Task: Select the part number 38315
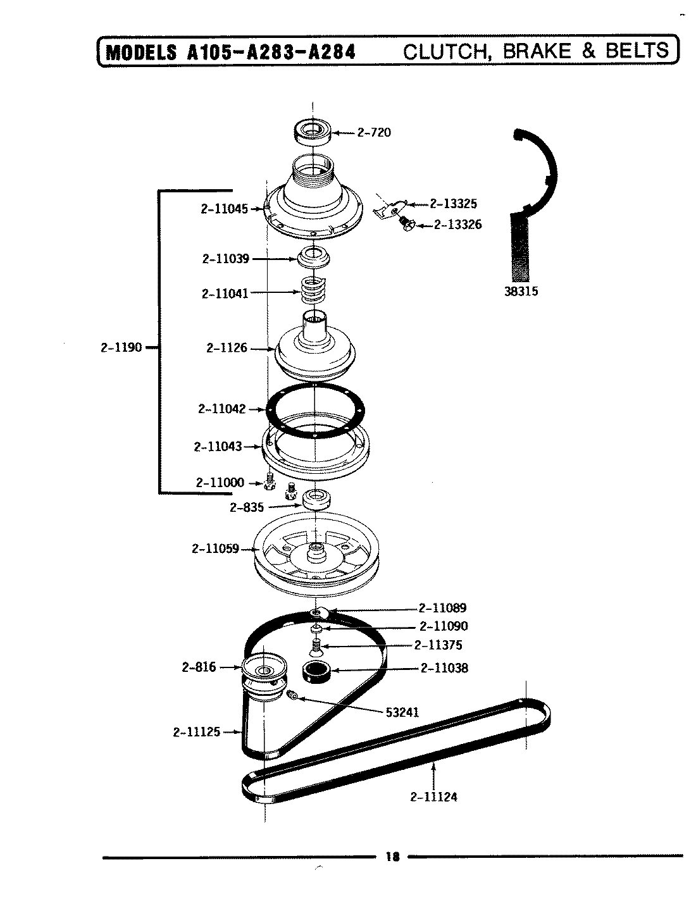521,292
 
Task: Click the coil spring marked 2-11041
314,292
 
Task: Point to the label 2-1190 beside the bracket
121,347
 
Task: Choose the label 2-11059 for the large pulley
215,548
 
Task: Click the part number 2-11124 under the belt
433,796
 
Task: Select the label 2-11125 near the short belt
196,732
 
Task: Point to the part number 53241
402,712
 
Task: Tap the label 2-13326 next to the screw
457,225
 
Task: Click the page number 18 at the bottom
392,858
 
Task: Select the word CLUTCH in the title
445,51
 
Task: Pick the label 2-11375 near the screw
438,645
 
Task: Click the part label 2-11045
224,208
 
